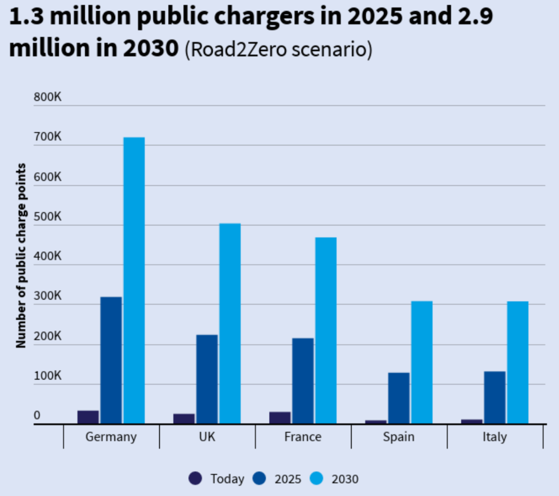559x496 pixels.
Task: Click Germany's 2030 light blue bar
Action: [134, 280]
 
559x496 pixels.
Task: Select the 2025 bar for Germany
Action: [111, 360]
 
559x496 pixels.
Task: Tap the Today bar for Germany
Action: [88, 417]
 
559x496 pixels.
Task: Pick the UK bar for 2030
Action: [230, 324]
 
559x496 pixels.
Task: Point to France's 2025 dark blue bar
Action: [303, 381]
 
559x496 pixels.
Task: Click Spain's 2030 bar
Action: [422, 362]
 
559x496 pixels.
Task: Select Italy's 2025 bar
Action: [495, 397]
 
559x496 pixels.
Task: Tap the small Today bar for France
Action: [280, 418]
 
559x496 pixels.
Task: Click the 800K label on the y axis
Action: [47, 97]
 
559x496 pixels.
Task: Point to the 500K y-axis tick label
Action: [47, 217]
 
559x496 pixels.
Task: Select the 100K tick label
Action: [47, 376]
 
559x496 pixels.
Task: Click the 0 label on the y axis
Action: [37, 415]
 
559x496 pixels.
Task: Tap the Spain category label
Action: [399, 437]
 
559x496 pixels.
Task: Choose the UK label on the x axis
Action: [207, 437]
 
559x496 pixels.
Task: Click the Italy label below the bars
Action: [495, 437]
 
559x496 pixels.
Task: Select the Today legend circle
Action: [195, 478]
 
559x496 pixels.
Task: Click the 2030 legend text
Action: [345, 479]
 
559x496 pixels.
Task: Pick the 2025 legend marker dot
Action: [259, 478]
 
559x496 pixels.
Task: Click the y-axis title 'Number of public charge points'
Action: [21, 256]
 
